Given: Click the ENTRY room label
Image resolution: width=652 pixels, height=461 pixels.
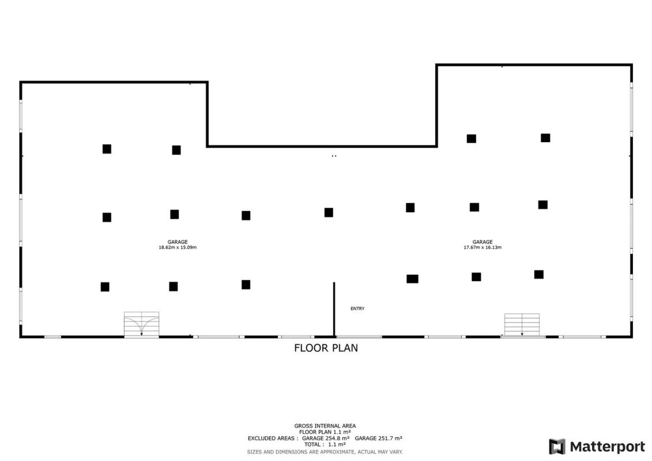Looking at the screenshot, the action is tap(357, 308).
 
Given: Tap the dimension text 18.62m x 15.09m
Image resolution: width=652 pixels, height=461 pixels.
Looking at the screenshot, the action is tap(178, 247).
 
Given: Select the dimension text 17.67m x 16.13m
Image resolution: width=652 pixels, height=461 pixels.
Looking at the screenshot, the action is tap(483, 247).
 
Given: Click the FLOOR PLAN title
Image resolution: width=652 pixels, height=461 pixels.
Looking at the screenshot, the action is tap(326, 348).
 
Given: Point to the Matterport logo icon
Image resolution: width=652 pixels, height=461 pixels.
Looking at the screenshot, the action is tap(557, 447).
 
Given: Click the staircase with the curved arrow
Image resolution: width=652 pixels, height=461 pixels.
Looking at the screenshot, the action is tap(141, 324).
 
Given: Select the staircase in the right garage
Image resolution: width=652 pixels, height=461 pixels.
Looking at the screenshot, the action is tap(522, 325).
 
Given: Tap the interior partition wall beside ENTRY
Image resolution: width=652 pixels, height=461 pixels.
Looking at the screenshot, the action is tap(334, 309).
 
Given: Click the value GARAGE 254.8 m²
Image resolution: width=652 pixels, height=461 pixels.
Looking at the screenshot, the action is tap(326, 438).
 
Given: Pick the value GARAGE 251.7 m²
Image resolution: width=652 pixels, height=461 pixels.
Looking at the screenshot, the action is tap(378, 438).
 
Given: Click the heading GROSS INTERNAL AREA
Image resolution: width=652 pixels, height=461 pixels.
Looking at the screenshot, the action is tap(325, 426).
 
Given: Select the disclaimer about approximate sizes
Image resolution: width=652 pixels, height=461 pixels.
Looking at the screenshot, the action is tap(325, 452).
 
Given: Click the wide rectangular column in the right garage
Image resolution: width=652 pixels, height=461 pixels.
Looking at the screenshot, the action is tap(413, 279).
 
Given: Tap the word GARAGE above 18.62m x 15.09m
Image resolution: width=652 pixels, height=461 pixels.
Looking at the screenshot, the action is tap(178, 242).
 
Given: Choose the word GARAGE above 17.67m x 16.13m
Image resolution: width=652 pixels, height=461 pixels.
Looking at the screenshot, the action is tap(483, 242).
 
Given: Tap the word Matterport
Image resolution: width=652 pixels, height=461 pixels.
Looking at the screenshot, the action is tap(608, 447).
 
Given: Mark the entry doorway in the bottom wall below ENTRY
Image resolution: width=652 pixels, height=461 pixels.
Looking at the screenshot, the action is tap(359, 337).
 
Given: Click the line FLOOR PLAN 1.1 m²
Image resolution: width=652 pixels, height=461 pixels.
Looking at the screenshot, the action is tap(325, 432).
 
